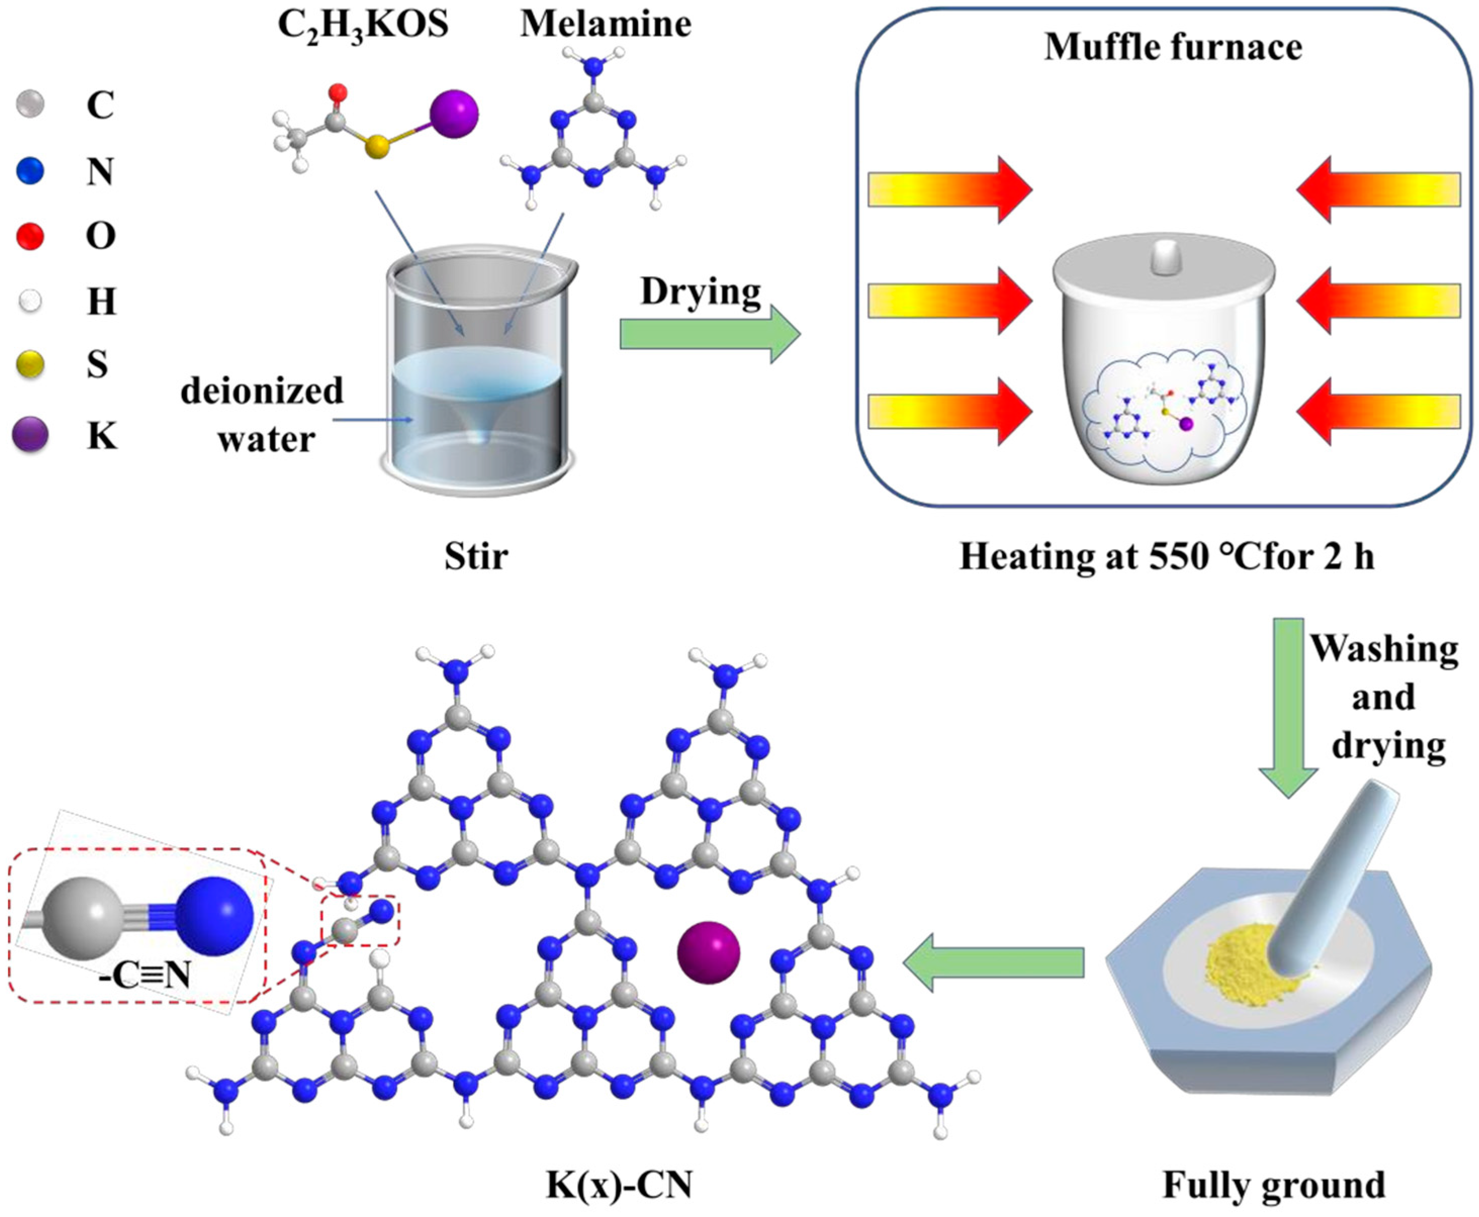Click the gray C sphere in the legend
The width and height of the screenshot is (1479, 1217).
click(29, 105)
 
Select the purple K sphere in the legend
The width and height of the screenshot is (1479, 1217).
click(31, 433)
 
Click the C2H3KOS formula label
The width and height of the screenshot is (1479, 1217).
click(362, 26)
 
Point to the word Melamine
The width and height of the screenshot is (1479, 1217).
click(605, 25)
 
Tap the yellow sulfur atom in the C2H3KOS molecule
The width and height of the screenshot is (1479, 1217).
click(377, 147)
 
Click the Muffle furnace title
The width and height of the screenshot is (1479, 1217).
click(1173, 47)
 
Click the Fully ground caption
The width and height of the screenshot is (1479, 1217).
click(1273, 1185)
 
